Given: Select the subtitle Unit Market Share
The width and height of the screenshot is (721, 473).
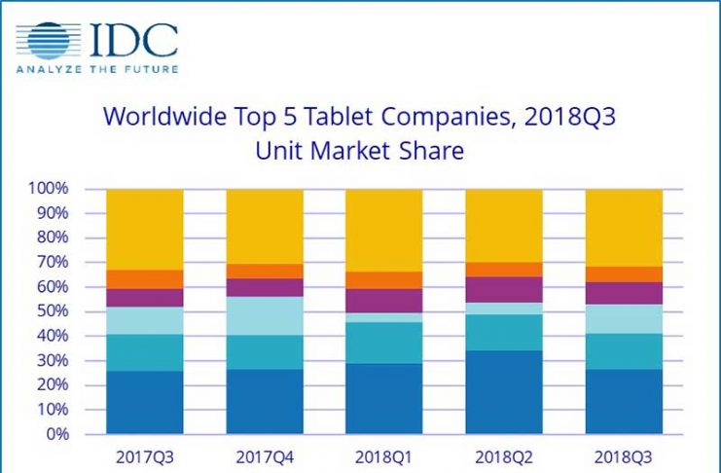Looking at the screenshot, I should pos(359,151).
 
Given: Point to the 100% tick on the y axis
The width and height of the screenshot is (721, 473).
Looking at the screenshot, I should pos(49,188).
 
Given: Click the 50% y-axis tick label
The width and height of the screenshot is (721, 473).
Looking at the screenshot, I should pos(53,311).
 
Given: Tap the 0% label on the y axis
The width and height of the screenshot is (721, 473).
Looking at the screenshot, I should pos(57,434).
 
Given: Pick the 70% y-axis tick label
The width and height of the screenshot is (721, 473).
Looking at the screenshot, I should pos(53,262).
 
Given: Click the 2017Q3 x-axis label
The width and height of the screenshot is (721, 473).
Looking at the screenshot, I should pos(145,454).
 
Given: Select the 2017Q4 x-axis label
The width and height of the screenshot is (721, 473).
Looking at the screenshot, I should pos(265,454).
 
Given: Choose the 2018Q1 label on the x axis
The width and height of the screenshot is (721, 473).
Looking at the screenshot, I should pos(384,454).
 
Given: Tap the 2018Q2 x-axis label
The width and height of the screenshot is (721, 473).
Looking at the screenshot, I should pos(504,454).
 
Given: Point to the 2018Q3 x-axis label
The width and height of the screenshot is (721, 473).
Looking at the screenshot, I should pos(624,454).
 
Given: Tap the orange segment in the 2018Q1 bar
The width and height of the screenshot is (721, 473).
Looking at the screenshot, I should pos(384,279).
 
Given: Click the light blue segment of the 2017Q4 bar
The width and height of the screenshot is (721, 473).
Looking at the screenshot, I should pos(265,315).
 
